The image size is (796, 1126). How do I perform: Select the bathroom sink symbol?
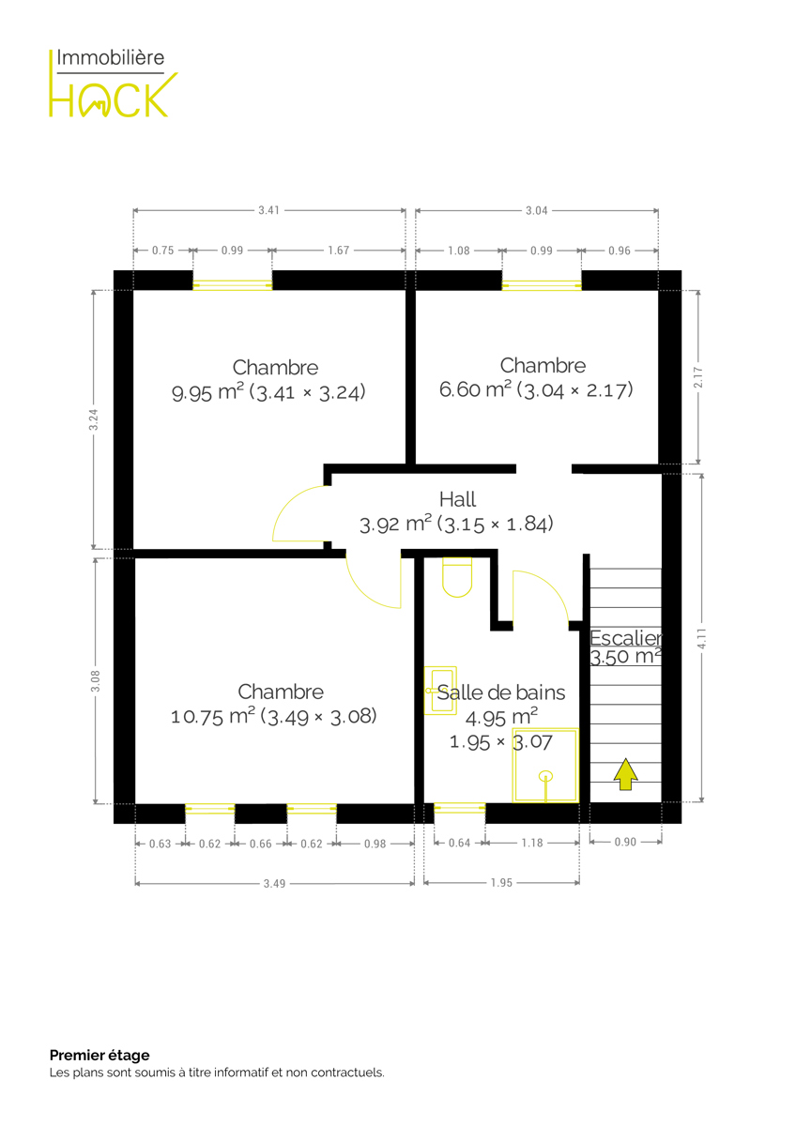(440, 691)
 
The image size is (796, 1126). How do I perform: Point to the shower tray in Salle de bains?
(545, 765)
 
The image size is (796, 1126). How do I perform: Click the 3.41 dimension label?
(269, 210)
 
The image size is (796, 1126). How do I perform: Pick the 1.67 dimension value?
(339, 250)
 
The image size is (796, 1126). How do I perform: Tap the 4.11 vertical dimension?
(701, 638)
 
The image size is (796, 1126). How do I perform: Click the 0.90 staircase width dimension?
(625, 842)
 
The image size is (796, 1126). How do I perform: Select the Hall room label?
(457, 499)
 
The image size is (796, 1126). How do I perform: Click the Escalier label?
(626, 638)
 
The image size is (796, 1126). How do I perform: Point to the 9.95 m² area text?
(207, 392)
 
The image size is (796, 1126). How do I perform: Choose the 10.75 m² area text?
(213, 716)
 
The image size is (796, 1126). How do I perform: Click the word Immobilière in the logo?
(111, 58)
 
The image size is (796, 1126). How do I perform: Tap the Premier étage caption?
(99, 1055)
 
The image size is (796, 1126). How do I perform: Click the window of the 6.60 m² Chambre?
(542, 285)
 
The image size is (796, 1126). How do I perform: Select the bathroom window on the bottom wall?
(460, 808)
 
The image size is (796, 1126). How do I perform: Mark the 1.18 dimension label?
(532, 843)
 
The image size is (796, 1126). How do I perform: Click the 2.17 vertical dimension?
(698, 377)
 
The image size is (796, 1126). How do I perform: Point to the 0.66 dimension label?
(260, 844)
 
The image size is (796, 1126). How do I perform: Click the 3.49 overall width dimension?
(274, 883)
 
